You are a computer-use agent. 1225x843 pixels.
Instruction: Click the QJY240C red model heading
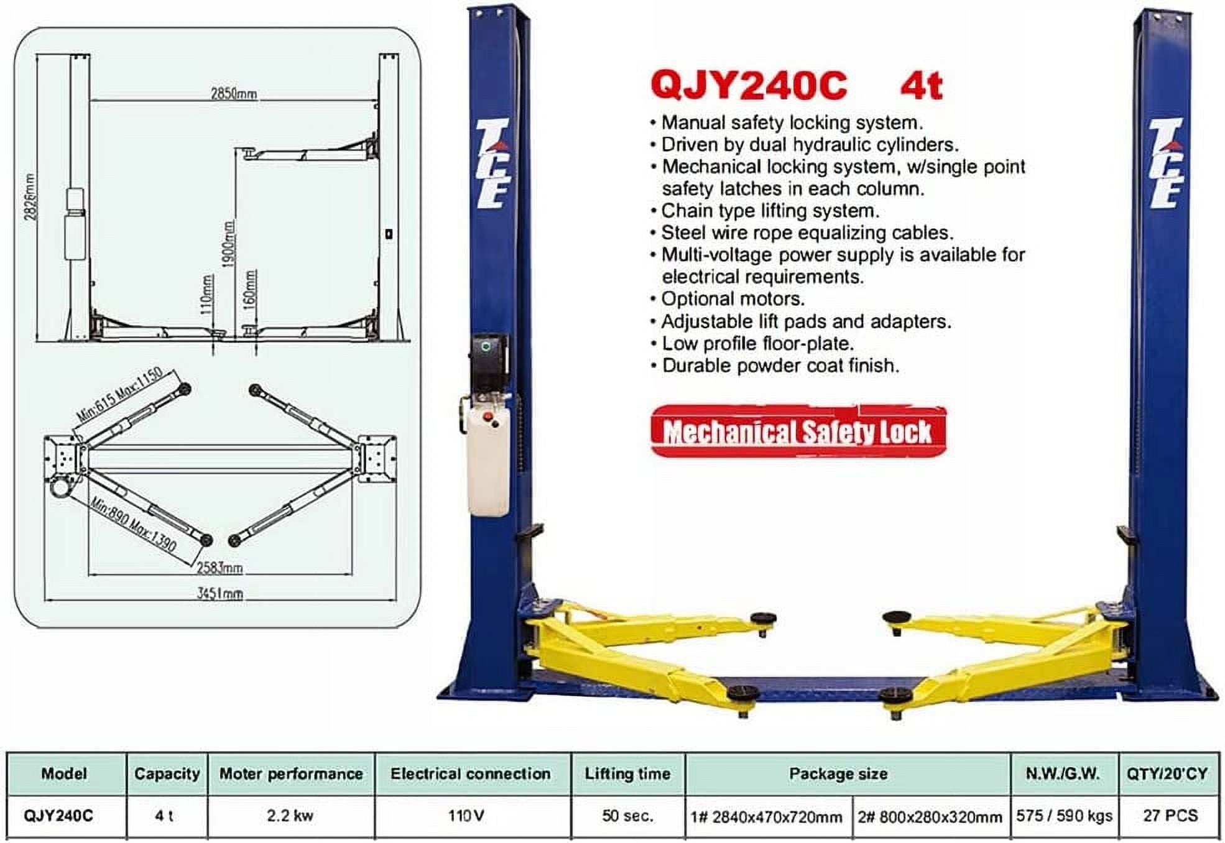pyautogui.click(x=749, y=85)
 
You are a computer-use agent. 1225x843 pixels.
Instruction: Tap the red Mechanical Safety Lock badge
pyautogui.click(x=798, y=432)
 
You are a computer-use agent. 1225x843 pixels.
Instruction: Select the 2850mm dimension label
pyautogui.click(x=233, y=93)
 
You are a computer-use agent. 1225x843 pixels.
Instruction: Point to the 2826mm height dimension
pyautogui.click(x=30, y=196)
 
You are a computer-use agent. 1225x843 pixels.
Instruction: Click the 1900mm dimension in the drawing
pyautogui.click(x=228, y=244)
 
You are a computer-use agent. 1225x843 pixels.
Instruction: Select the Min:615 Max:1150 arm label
pyautogui.click(x=119, y=394)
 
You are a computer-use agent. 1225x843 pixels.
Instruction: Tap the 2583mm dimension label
pyautogui.click(x=220, y=568)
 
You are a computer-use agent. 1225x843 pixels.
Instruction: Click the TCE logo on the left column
pyautogui.click(x=493, y=163)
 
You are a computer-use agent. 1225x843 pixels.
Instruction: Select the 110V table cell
pyautogui.click(x=466, y=816)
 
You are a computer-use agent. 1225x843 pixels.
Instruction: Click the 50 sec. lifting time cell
pyautogui.click(x=627, y=816)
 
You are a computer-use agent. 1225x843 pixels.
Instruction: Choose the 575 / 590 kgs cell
pyautogui.click(x=1064, y=816)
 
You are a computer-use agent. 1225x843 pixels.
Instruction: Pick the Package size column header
pyautogui.click(x=838, y=774)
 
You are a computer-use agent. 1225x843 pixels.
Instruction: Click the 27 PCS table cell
pyautogui.click(x=1170, y=816)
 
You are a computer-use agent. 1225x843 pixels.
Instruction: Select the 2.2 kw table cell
pyautogui.click(x=290, y=816)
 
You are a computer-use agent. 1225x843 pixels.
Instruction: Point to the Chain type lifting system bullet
pyautogui.click(x=770, y=211)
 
